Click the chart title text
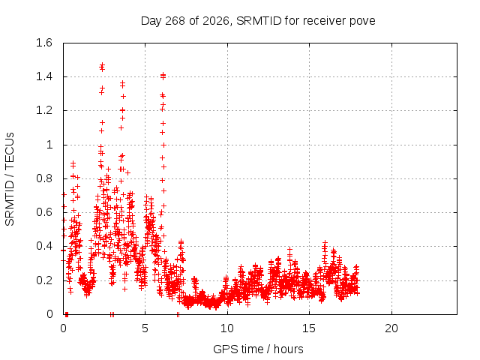point(258,21)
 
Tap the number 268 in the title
point(175,21)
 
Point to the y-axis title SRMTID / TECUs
point(10,179)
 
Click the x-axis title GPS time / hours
point(258,349)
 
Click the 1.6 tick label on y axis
point(44,43)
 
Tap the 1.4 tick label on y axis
point(44,76)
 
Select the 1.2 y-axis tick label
point(44,110)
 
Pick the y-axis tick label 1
point(49,145)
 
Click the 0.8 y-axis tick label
point(44,178)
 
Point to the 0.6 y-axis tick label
point(44,212)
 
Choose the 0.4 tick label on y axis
point(44,246)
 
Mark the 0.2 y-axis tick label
point(44,280)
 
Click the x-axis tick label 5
point(145,328)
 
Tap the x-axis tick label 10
point(227,328)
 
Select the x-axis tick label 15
point(309,328)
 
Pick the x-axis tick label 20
point(391,328)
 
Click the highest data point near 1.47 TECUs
point(102,65)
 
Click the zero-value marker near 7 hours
point(178,314)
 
